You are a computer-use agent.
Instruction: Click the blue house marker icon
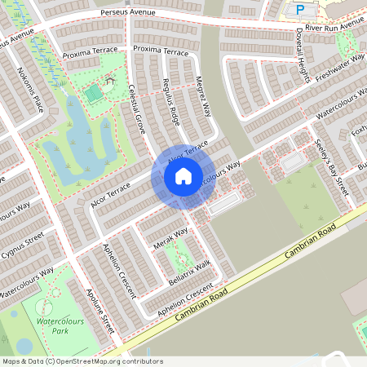[x=183, y=175]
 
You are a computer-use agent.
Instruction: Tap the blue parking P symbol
[x=300, y=10]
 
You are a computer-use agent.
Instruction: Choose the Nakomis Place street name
[x=25, y=90]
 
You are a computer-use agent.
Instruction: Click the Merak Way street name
[x=170, y=238]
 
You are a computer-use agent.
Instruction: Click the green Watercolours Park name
[x=61, y=327]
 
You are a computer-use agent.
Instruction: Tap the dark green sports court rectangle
[x=95, y=95]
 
